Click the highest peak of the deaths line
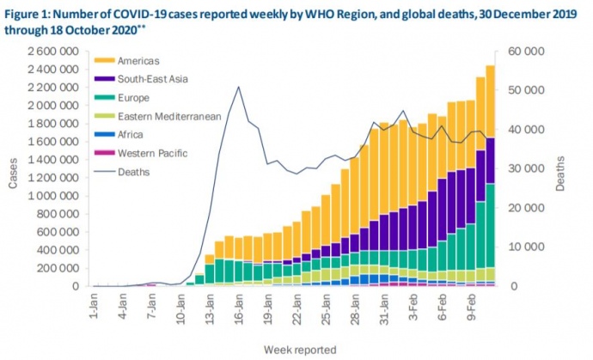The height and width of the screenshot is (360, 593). coord(238,87)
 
